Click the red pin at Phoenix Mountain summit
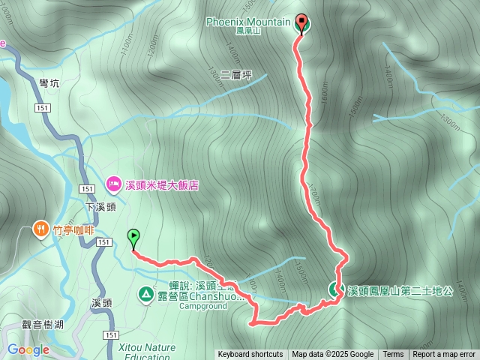click(x=302, y=23)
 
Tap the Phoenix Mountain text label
click(x=247, y=22)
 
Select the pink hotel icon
click(x=113, y=183)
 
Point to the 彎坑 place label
click(x=49, y=84)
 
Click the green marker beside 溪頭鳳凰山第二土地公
click(x=334, y=288)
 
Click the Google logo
click(x=28, y=349)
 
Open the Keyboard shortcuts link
click(x=250, y=355)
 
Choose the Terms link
click(x=393, y=355)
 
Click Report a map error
click(x=444, y=355)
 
